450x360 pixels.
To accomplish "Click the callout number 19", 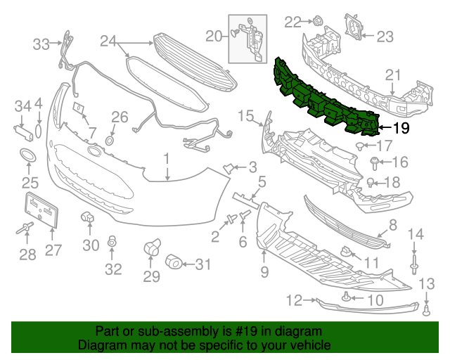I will (400, 127).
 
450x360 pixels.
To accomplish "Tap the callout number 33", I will (41, 44).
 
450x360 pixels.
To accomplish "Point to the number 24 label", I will (107, 41).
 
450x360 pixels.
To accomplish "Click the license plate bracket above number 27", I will (41, 210).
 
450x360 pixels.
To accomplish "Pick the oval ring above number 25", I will (29, 156).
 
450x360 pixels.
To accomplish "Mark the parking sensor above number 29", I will (152, 247).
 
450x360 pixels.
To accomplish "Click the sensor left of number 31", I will (174, 264).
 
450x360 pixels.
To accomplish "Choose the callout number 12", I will (293, 301).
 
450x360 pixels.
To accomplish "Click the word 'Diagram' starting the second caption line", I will (101, 345).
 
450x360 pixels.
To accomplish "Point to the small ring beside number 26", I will (110, 141).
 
